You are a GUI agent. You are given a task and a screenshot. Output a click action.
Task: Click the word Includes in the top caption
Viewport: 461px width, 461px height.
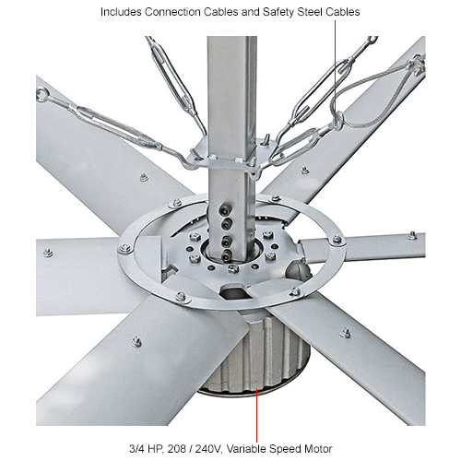click(121, 12)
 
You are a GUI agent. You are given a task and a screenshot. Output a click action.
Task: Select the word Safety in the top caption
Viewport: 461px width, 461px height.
click(278, 12)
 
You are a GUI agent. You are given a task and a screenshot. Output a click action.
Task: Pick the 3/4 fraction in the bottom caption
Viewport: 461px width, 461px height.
click(136, 449)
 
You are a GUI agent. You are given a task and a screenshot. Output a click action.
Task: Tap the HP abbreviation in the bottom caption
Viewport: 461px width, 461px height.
click(155, 449)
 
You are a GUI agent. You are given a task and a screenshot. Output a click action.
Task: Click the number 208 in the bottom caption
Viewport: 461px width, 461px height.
click(176, 449)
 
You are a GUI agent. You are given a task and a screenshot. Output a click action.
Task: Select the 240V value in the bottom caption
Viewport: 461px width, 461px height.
click(208, 449)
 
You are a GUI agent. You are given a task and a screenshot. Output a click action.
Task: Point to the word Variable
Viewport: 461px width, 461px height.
click(246, 449)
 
